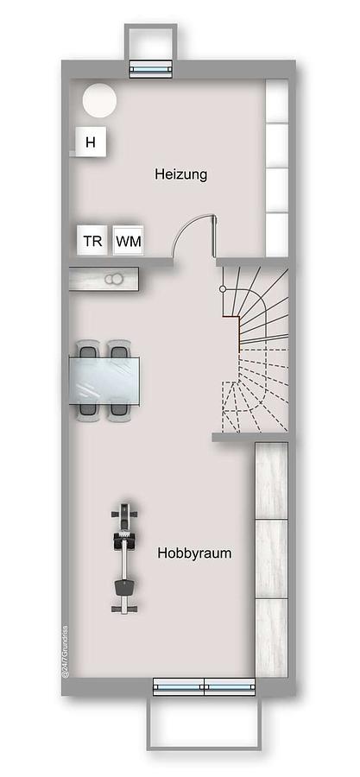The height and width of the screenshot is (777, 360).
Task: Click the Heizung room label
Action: [180, 174]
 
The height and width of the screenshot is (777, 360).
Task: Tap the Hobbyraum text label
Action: [194, 553]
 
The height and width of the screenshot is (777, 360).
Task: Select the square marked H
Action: [90, 142]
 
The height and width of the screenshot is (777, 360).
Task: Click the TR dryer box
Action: [92, 242]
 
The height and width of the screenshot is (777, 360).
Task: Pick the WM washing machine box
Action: [129, 242]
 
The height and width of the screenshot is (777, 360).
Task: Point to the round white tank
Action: [99, 100]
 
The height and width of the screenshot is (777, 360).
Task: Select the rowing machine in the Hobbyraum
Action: [123, 558]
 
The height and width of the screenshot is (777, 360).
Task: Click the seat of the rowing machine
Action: [123, 588]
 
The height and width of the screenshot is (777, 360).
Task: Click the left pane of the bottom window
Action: [179, 687]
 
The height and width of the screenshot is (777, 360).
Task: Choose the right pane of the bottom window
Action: [230, 687]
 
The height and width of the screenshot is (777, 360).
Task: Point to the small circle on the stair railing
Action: [223, 288]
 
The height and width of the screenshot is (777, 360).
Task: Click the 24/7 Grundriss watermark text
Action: [65, 651]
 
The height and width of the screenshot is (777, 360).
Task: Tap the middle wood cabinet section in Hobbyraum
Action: [271, 559]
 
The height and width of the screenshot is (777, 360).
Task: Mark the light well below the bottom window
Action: [204, 722]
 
